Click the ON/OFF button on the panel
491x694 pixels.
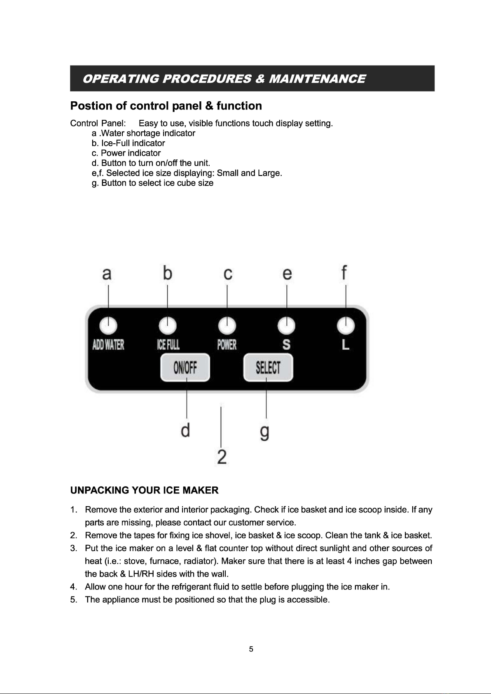tap(185, 368)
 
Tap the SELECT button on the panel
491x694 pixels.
tap(268, 368)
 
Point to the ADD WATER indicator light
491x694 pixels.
tap(108, 326)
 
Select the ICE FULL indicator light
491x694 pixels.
tap(168, 326)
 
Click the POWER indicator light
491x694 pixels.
tap(227, 326)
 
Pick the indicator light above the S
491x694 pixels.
tap(287, 326)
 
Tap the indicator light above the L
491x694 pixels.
tap(346, 326)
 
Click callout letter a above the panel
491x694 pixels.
tap(107, 273)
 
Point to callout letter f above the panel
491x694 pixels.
tap(344, 273)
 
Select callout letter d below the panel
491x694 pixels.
tap(185, 430)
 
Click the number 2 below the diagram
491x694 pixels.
tap(222, 457)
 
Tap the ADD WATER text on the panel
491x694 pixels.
tap(108, 345)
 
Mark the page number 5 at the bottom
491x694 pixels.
tap(251, 650)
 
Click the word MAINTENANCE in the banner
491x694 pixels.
tap(316, 79)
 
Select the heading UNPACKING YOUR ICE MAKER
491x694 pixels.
tap(144, 490)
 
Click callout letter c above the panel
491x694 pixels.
tap(228, 273)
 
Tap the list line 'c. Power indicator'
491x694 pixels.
tap(126, 153)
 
